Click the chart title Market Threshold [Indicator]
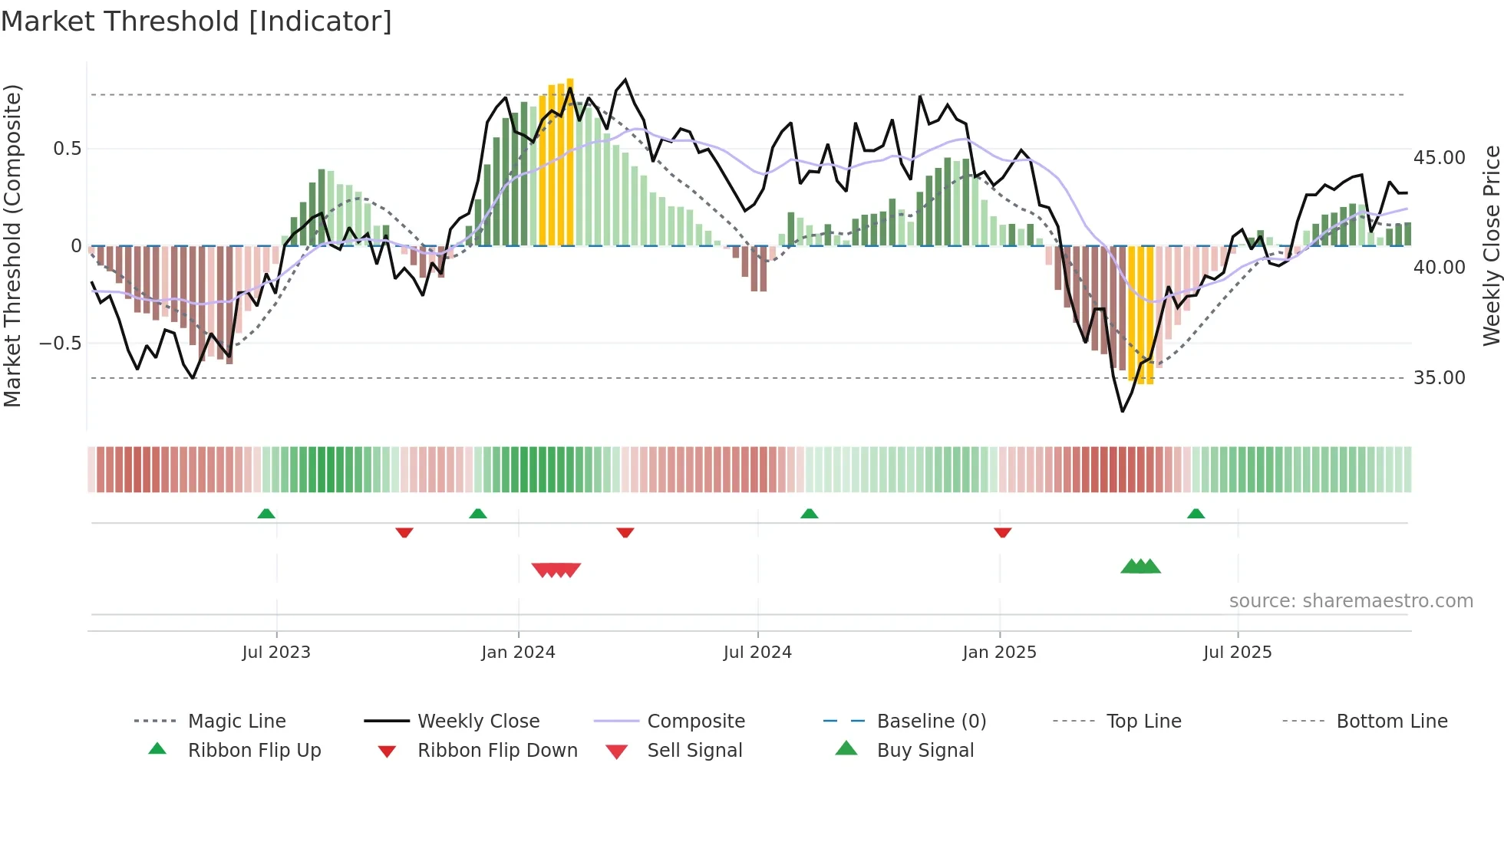pyautogui.click(x=196, y=21)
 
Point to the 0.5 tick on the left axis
pyautogui.click(x=68, y=148)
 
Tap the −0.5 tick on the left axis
pyautogui.click(x=61, y=343)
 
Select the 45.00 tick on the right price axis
pyautogui.click(x=1440, y=157)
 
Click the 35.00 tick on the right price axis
pyautogui.click(x=1440, y=377)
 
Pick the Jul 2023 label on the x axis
pyautogui.click(x=276, y=652)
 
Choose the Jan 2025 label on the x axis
pyautogui.click(x=999, y=652)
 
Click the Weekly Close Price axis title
pyautogui.click(x=1491, y=245)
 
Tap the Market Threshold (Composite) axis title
pyautogui.click(x=12, y=245)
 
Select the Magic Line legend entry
pyautogui.click(x=236, y=721)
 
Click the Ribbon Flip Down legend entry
pyautogui.click(x=497, y=750)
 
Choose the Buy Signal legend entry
pyautogui.click(x=925, y=750)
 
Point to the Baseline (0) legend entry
pyautogui.click(x=931, y=721)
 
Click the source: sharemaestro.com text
pyautogui.click(x=1351, y=600)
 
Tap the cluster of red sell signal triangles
pyautogui.click(x=556, y=570)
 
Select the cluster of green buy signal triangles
pyautogui.click(x=1140, y=567)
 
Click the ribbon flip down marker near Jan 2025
pyautogui.click(x=1002, y=532)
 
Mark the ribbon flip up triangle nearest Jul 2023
pyautogui.click(x=266, y=513)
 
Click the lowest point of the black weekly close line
pyautogui.click(x=1122, y=412)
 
